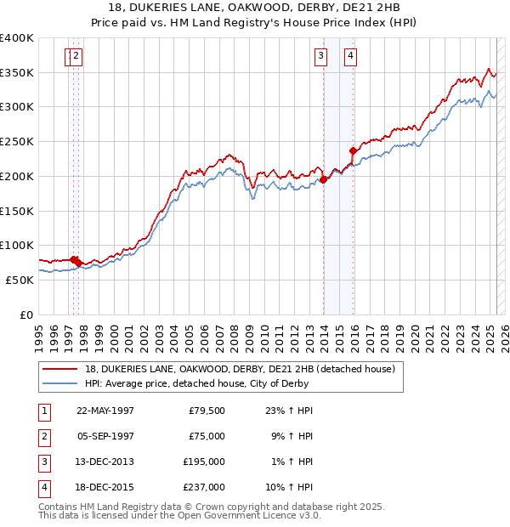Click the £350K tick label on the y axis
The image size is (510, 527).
[17, 73]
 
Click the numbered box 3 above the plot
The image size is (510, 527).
[320, 57]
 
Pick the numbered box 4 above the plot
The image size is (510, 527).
[350, 57]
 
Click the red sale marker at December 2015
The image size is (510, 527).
[353, 150]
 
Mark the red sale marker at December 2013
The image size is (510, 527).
[323, 179]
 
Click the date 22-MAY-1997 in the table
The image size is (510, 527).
[105, 411]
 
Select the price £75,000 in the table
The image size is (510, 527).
[207, 436]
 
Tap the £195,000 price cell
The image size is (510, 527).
[204, 462]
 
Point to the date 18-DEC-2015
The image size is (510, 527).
[105, 487]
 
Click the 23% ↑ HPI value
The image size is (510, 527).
[292, 411]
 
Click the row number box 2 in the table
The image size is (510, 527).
[43, 436]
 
